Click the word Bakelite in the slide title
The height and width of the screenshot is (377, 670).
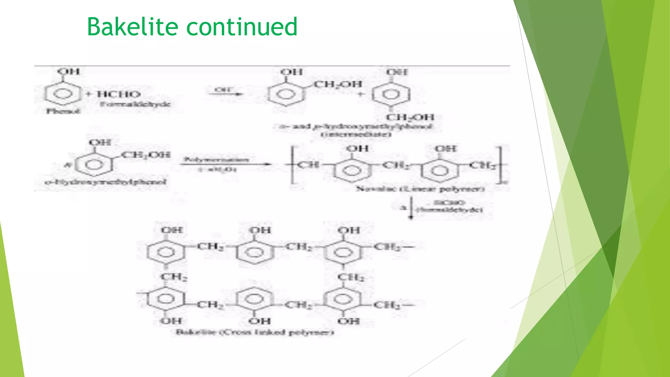click(132, 27)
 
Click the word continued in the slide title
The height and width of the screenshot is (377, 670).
click(242, 27)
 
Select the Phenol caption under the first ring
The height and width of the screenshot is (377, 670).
click(63, 111)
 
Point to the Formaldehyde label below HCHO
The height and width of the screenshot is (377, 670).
click(135, 104)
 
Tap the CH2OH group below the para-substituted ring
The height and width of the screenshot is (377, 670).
click(410, 117)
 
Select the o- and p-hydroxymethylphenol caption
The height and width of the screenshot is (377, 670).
click(356, 127)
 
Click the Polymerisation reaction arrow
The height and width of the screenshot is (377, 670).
click(226, 164)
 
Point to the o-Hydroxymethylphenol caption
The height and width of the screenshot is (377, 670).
click(106, 182)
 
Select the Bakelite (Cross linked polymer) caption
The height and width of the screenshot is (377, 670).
click(255, 332)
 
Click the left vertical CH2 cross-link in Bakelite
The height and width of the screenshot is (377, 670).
click(174, 277)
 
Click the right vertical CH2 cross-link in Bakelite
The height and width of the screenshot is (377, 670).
click(351, 277)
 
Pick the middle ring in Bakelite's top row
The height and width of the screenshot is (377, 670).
click(255, 252)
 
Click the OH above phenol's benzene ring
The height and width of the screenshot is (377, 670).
click(68, 72)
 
